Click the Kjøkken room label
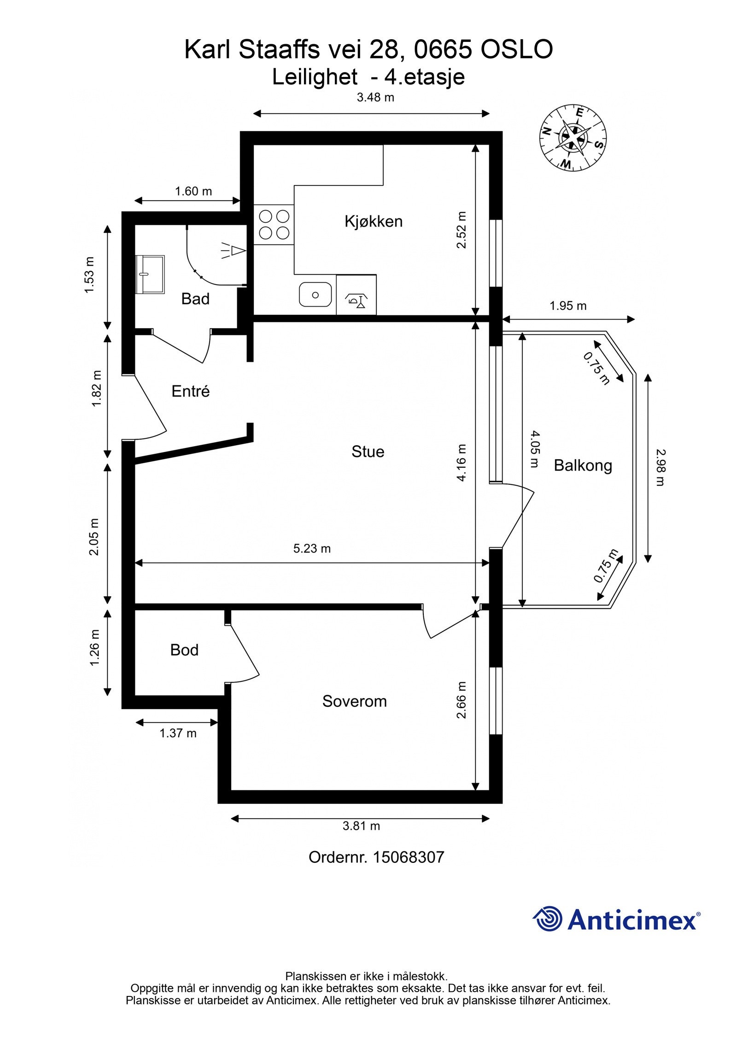(x=373, y=221)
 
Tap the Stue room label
(x=368, y=451)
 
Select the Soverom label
(x=354, y=701)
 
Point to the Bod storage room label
(x=184, y=650)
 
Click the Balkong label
(x=583, y=466)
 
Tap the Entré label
(x=190, y=391)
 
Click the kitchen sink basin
(x=315, y=295)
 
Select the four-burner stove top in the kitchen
(x=274, y=225)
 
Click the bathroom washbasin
(x=150, y=274)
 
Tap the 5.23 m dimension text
(x=312, y=548)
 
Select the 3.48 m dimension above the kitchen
(x=375, y=97)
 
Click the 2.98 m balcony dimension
(x=661, y=467)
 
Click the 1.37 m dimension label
(x=178, y=733)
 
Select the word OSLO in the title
(x=516, y=49)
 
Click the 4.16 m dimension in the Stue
(x=462, y=462)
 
